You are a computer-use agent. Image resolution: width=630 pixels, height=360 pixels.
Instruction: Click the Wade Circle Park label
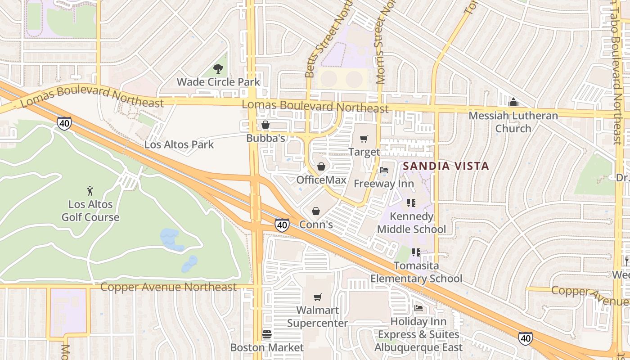click(218, 82)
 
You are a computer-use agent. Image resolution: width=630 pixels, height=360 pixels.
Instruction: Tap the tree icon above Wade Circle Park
click(218, 69)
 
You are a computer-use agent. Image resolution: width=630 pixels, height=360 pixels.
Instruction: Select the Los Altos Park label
click(179, 145)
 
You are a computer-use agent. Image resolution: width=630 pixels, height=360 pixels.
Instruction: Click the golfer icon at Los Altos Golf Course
click(90, 191)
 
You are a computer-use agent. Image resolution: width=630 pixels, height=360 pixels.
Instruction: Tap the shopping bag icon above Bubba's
click(265, 125)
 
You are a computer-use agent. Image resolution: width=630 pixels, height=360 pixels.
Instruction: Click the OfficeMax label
click(321, 180)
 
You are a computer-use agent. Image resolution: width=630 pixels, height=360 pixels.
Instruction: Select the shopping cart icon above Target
click(364, 139)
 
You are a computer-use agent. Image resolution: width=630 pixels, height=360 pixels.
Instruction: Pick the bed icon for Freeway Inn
click(384, 170)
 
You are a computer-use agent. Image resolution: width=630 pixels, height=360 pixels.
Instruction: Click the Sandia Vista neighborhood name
click(445, 166)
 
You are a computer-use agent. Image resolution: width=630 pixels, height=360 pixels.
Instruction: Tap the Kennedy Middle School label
click(411, 223)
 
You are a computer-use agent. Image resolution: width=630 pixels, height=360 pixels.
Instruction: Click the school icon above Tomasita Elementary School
click(416, 252)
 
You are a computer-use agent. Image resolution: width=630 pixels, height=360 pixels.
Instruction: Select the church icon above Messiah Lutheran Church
click(513, 102)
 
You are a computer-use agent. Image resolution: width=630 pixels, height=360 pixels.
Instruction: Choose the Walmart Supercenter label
click(318, 317)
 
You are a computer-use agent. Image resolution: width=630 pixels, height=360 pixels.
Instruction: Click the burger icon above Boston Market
click(267, 334)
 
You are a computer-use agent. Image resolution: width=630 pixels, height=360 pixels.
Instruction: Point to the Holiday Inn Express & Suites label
click(418, 334)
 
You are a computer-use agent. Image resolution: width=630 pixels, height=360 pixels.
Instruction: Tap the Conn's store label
click(316, 224)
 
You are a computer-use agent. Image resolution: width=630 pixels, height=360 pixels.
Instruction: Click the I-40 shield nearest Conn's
click(282, 225)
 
